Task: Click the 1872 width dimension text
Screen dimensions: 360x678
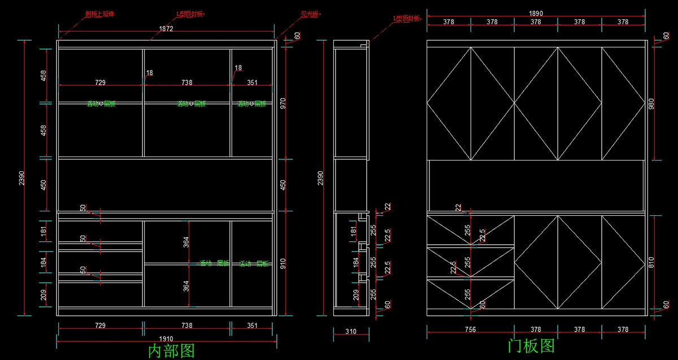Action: coord(166,29)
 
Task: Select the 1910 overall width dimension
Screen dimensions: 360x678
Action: coord(166,338)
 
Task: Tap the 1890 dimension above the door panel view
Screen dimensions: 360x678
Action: coord(536,13)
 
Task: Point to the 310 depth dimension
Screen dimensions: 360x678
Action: coord(350,332)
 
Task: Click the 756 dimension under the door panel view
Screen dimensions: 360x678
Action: coord(470,329)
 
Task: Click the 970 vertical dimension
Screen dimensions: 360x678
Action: coord(283,103)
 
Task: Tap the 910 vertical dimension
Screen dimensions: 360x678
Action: coord(283,263)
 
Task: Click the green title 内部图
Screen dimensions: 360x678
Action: coord(171,351)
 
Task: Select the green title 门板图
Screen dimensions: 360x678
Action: coord(531,346)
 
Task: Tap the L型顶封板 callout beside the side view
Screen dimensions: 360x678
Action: coord(407,19)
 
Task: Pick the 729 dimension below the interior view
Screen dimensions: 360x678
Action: coord(100,326)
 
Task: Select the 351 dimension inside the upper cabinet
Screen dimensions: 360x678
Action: coord(252,83)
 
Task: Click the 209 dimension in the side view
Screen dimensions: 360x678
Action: coord(354,294)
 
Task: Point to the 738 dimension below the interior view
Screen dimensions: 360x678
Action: coord(186,326)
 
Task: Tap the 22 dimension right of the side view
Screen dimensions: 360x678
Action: coord(387,207)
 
